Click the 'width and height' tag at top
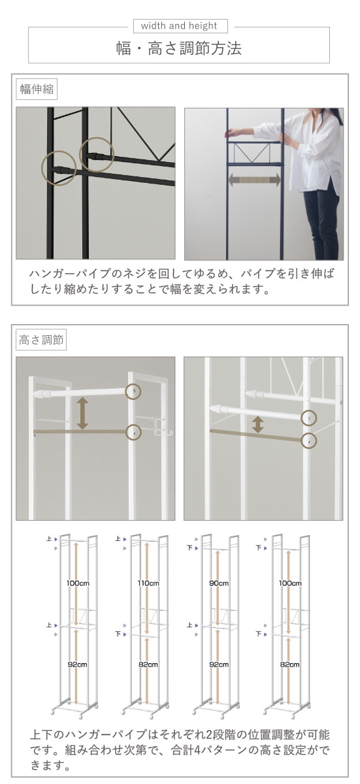point(180,26)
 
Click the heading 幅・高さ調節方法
point(180,49)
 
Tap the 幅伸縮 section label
point(37,90)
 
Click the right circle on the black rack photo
point(97,153)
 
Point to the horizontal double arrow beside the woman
point(254,179)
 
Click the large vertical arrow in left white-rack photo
point(82,413)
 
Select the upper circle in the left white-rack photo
point(134,391)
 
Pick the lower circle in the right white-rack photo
point(308,441)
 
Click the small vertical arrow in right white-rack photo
point(258,425)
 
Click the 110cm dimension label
point(148,583)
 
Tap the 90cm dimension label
point(220,583)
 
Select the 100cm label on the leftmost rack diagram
point(77,583)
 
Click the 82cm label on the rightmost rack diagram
point(290,664)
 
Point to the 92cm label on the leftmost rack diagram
point(77,664)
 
